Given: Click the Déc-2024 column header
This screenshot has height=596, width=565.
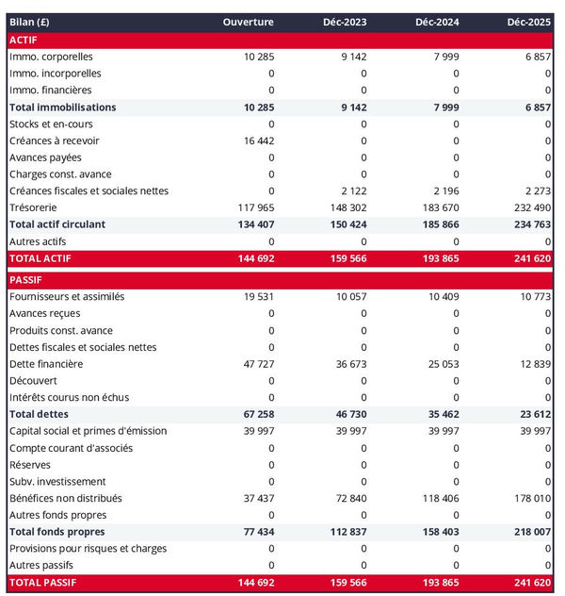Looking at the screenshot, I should [435, 22].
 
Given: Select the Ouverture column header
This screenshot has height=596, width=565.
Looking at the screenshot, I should [249, 22].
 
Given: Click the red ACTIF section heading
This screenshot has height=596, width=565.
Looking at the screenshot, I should [24, 40].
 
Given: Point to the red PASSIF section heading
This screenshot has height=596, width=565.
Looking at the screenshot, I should [27, 280].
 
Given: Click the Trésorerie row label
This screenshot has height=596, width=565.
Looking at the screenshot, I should [35, 207].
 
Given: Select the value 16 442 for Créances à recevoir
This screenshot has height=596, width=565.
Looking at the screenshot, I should [256, 141].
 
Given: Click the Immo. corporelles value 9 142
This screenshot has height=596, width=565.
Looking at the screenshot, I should [350, 57].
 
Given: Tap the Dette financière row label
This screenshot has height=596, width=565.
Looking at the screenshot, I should [46, 364].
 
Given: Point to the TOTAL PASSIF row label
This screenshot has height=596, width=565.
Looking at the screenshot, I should [42, 583].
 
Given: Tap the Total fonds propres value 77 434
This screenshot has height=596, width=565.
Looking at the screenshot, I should [254, 532].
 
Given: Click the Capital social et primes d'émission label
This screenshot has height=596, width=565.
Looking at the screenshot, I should [88, 431].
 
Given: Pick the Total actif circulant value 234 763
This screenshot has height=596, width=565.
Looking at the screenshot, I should [530, 224].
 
